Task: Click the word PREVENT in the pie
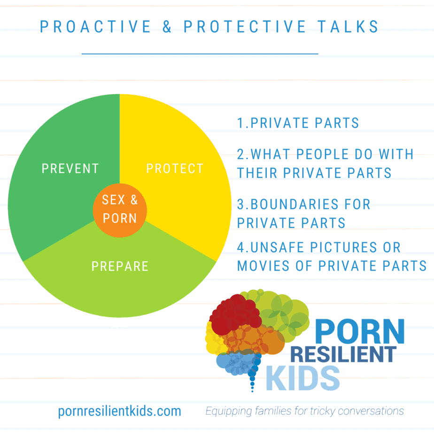coord(70,168)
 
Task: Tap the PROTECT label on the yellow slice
coord(175,168)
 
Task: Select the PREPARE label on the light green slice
coord(120,266)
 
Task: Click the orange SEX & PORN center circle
coord(120,210)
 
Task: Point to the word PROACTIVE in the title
coord(95,27)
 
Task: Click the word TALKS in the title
coord(348,27)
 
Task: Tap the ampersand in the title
coord(167,27)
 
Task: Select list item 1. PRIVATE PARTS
coord(298,123)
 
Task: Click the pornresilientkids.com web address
coord(120,411)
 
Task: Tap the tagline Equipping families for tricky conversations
coord(304,411)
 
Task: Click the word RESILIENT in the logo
coord(343,354)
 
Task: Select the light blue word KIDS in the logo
coord(303,378)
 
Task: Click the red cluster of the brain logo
coord(235,314)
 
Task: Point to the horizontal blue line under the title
coord(200,54)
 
